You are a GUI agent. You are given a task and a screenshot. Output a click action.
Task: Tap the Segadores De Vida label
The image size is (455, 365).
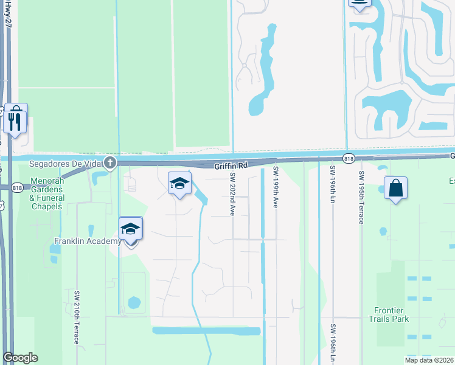(x=66, y=162)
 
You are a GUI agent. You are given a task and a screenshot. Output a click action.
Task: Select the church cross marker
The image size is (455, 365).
(x=109, y=162)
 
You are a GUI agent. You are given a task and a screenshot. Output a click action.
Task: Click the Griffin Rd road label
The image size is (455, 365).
(x=231, y=165)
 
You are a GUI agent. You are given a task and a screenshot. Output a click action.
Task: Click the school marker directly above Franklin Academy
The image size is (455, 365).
(x=131, y=230)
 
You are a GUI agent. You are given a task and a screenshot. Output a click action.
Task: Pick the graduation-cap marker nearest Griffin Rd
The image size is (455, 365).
(x=179, y=184)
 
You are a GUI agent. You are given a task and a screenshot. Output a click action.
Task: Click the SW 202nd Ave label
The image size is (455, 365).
(x=232, y=193)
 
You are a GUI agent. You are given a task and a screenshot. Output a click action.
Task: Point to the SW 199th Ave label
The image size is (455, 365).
(x=276, y=187)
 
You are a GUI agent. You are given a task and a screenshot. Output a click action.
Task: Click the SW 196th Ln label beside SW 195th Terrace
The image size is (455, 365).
(x=333, y=187)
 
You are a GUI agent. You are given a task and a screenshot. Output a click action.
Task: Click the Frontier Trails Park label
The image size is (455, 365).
(x=389, y=314)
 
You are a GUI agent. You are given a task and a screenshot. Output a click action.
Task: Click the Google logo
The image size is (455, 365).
(x=20, y=358)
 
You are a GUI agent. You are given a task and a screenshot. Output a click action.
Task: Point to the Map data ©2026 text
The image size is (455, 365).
(x=429, y=360)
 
